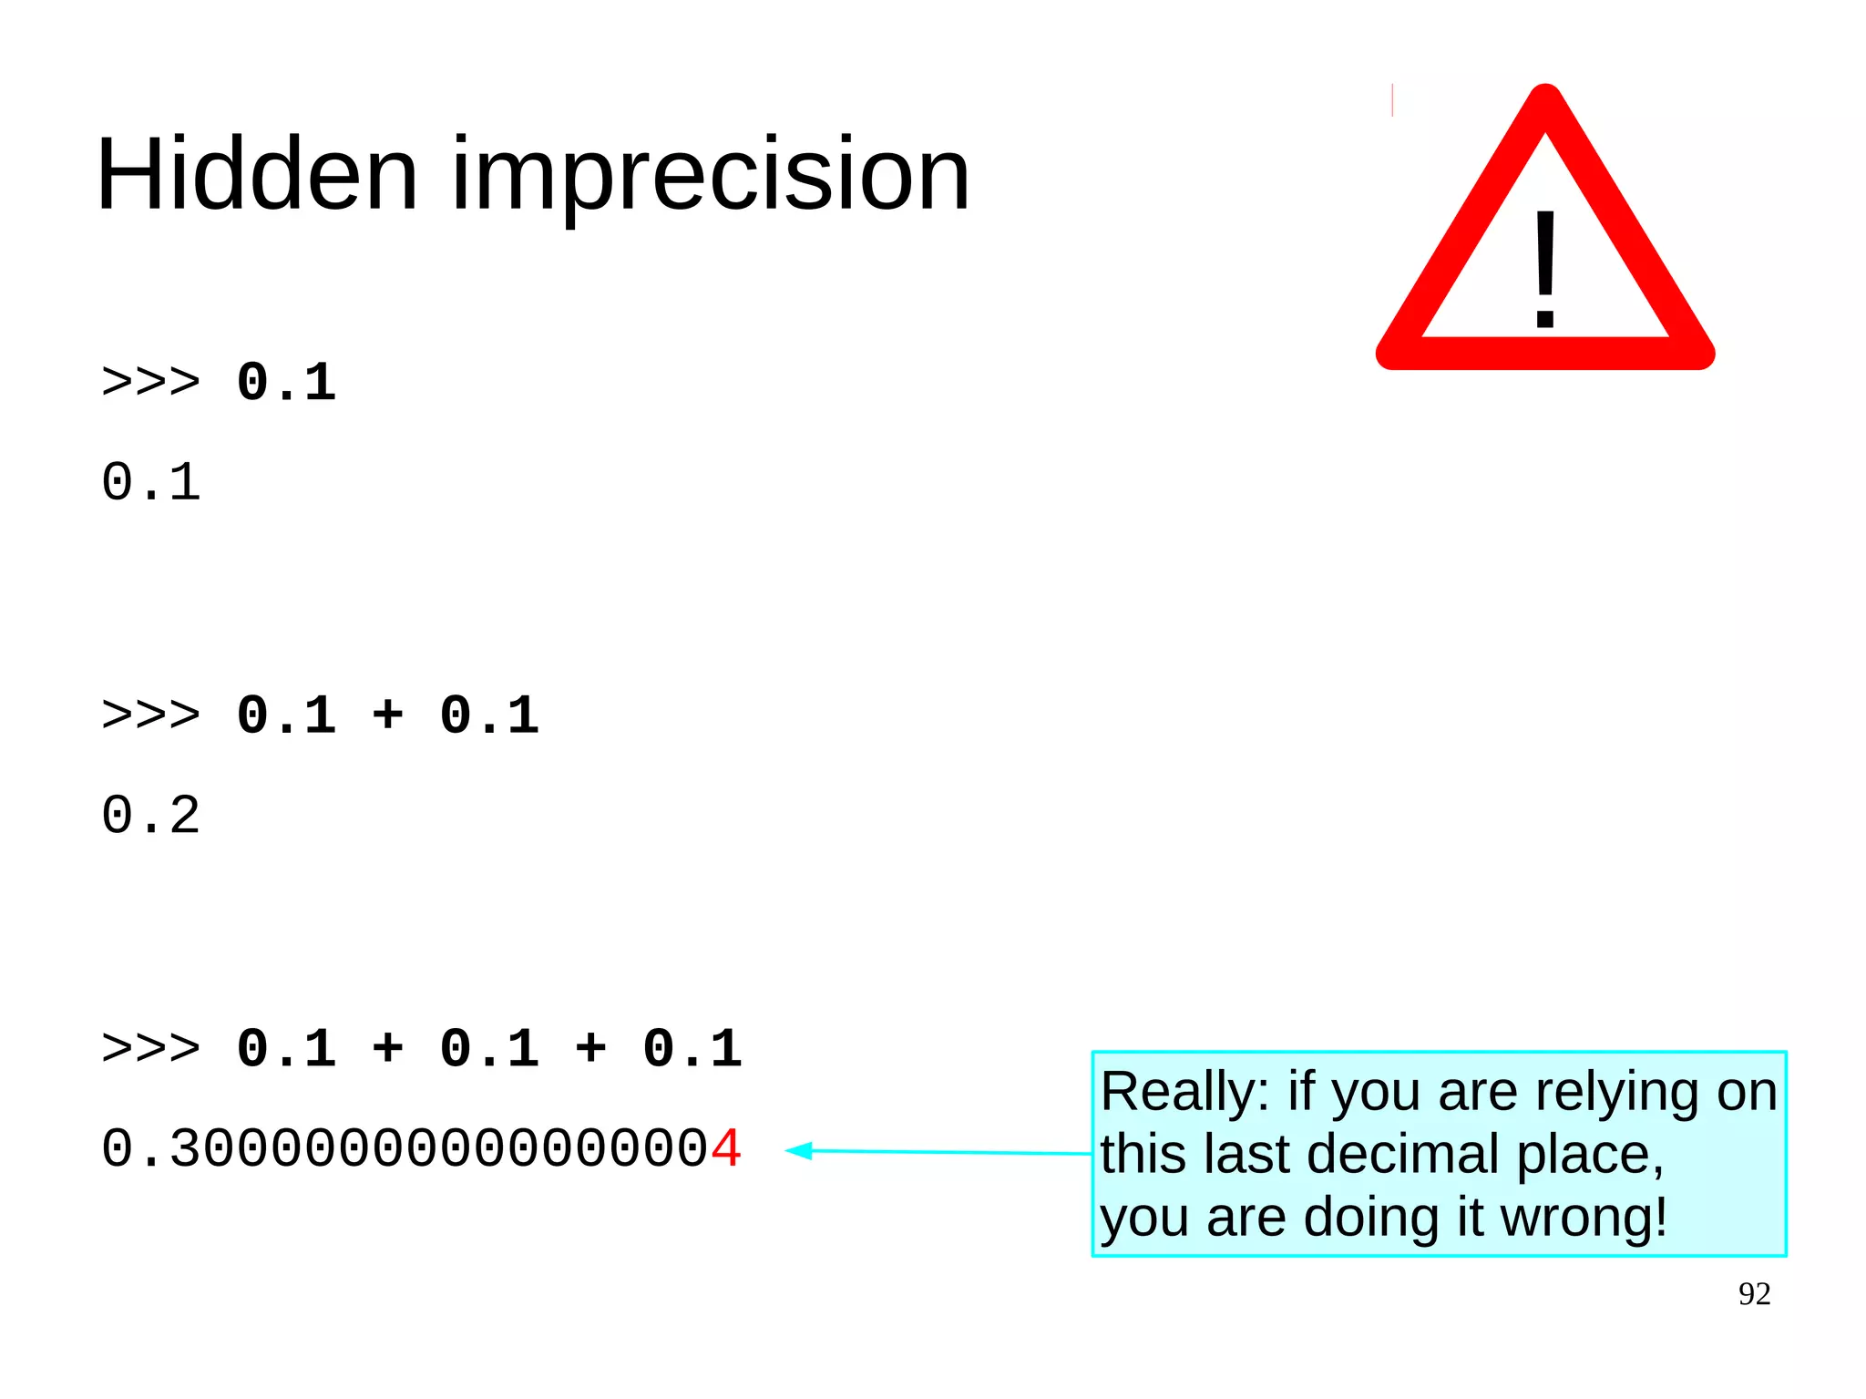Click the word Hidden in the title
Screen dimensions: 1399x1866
click(x=256, y=174)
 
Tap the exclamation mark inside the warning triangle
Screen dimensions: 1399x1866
click(x=1545, y=270)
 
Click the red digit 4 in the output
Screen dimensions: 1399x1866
click(x=726, y=1148)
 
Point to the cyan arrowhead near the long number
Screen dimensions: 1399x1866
click(x=799, y=1151)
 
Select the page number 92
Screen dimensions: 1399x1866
click(x=1754, y=1294)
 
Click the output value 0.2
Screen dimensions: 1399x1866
click(x=150, y=815)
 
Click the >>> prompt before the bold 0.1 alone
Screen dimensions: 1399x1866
click(x=150, y=382)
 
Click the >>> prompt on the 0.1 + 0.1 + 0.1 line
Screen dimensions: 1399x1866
click(x=150, y=1048)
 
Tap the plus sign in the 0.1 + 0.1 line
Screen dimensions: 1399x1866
click(x=387, y=715)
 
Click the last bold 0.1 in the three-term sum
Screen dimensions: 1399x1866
click(x=692, y=1048)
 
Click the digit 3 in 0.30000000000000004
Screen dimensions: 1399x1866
click(x=186, y=1148)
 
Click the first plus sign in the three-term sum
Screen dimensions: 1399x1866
click(x=387, y=1048)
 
